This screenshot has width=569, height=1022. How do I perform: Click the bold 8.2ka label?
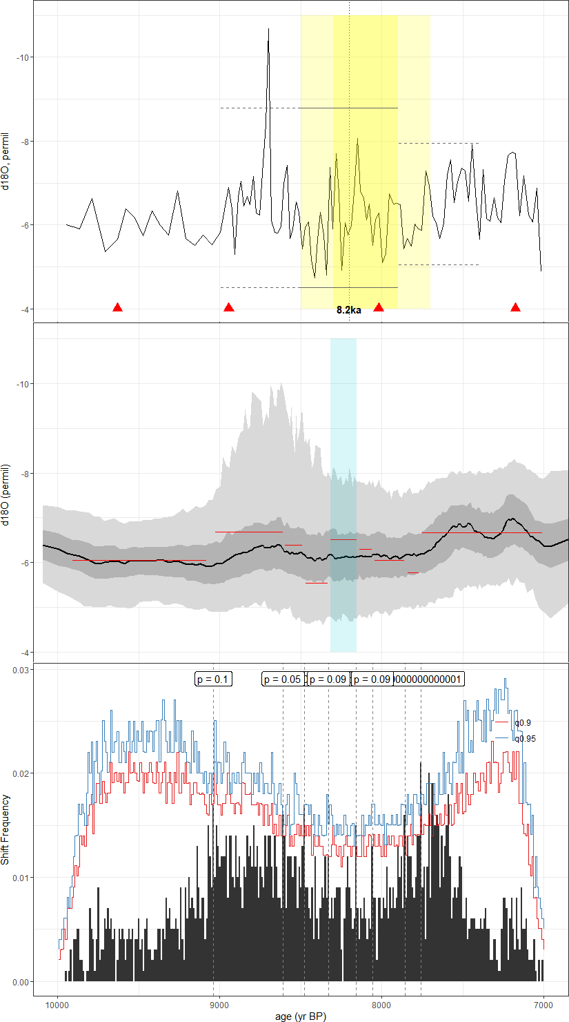(x=349, y=310)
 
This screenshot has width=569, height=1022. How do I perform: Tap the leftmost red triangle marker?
(x=117, y=307)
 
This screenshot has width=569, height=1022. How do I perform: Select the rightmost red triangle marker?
(x=515, y=307)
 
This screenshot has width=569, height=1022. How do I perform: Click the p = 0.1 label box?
(x=213, y=679)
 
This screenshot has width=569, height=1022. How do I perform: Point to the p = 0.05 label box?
(x=283, y=679)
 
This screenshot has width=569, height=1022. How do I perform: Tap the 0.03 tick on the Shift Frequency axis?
(x=21, y=669)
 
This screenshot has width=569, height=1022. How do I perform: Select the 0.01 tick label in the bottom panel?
(x=21, y=878)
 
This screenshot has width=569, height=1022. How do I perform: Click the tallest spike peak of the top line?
(x=268, y=30)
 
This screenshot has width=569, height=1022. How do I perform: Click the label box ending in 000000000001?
(x=428, y=679)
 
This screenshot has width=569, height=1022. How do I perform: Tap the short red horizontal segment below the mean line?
(x=317, y=584)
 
